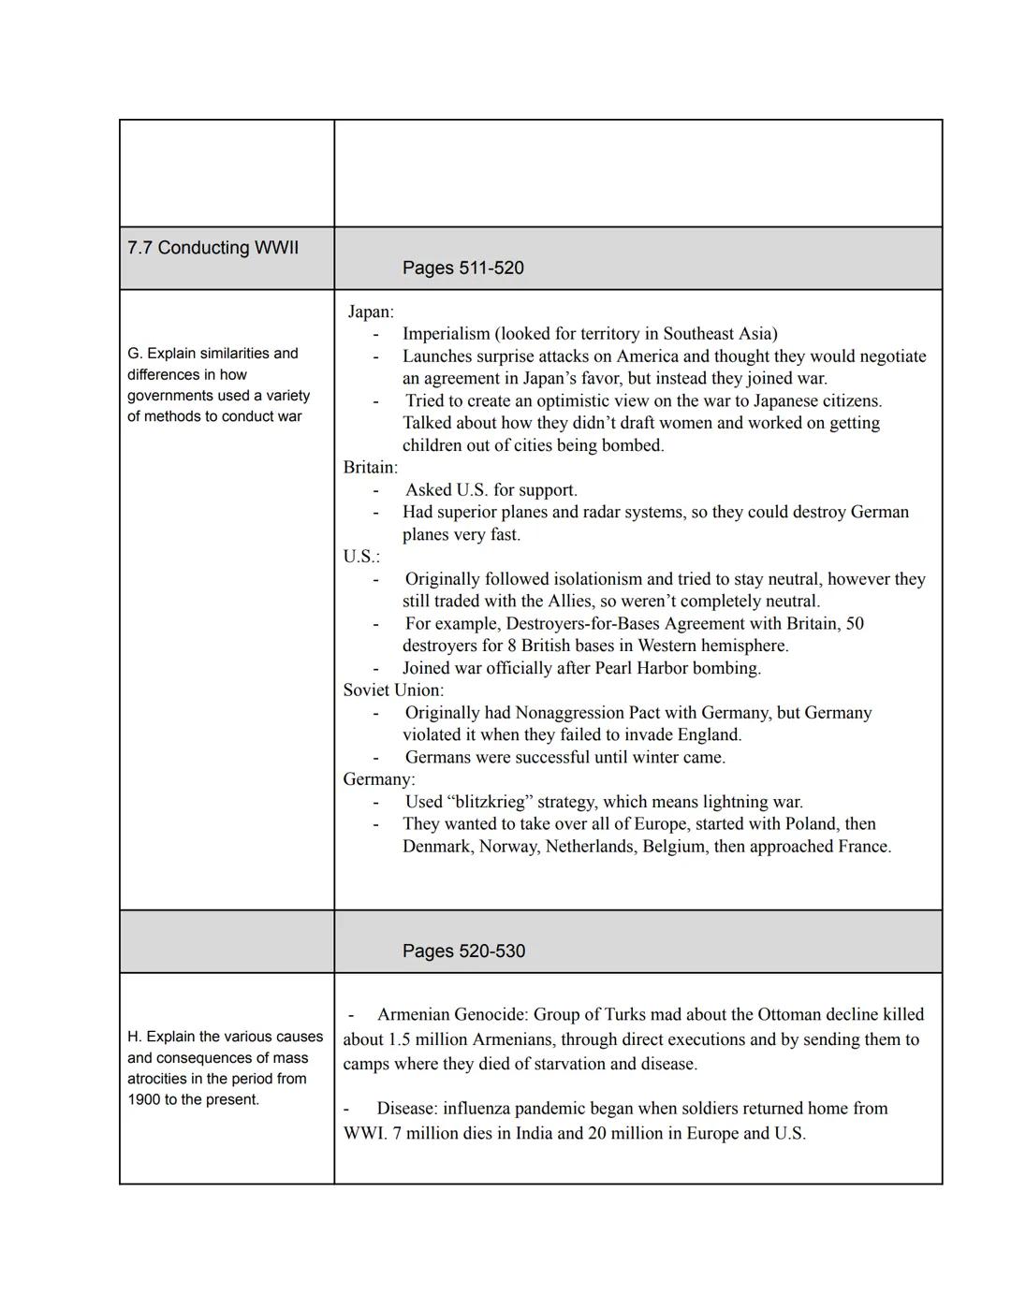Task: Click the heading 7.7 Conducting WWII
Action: tap(213, 248)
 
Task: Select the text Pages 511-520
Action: tap(462, 268)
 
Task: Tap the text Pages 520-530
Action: tap(463, 951)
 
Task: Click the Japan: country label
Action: tap(371, 312)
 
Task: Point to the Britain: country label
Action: tap(371, 467)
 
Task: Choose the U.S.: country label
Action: tap(361, 557)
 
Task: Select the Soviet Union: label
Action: tap(393, 690)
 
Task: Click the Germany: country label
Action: tap(379, 779)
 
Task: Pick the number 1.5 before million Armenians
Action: tap(401, 1039)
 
